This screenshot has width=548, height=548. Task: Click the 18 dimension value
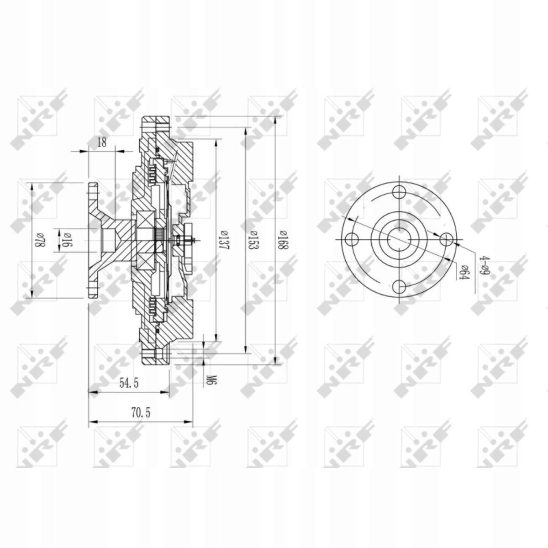point(101,142)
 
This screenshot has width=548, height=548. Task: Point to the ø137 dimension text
point(224,240)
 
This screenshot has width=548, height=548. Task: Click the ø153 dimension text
point(253,240)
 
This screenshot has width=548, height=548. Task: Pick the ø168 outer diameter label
point(283,240)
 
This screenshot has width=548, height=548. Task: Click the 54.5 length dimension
point(129,383)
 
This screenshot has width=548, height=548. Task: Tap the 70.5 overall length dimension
point(141,412)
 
